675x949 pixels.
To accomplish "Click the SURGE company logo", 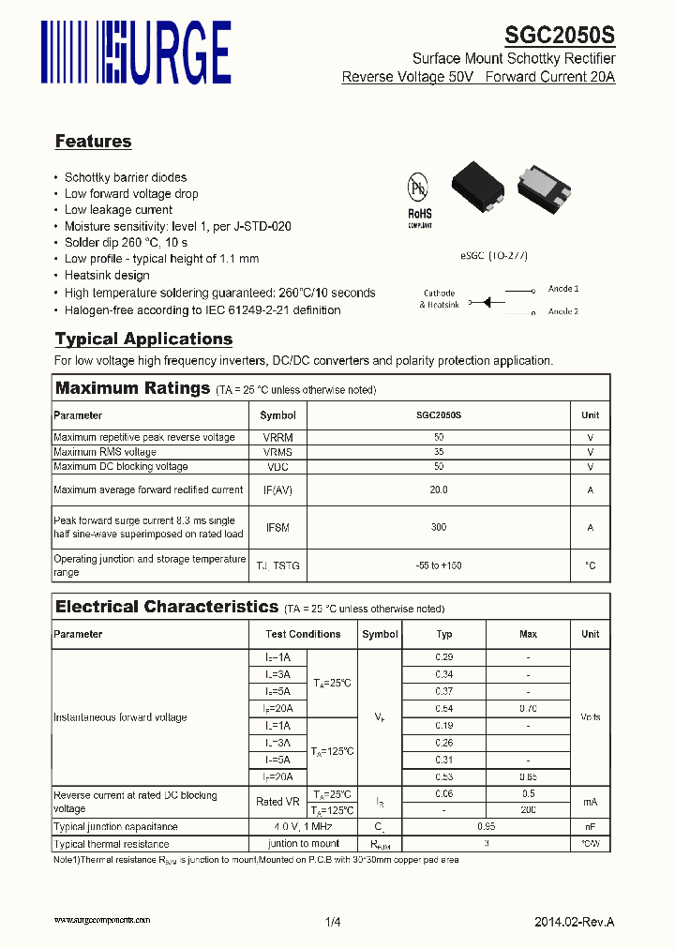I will pos(136,52).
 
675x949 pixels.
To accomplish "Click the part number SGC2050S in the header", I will pos(560,36).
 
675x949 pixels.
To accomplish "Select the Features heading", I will pos(93,142).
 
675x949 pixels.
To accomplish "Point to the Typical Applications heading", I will pos(143,339).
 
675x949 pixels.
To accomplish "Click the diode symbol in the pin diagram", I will pos(487,301).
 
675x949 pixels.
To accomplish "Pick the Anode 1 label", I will pos(562,289).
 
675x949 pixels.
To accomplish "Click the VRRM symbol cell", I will pos(277,438).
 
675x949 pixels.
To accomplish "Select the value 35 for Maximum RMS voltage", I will pos(438,452).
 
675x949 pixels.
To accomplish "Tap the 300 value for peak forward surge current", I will pos(438,528).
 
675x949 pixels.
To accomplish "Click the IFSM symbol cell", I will pos(277,528).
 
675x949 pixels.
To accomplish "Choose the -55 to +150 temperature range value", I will pos(438,565).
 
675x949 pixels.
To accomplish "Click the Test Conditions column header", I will pos(303,634).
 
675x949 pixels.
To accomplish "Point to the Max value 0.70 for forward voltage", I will pos(528,709).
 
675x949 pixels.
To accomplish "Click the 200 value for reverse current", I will pos(528,809).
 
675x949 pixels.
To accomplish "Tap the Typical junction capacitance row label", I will pos(115,827).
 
